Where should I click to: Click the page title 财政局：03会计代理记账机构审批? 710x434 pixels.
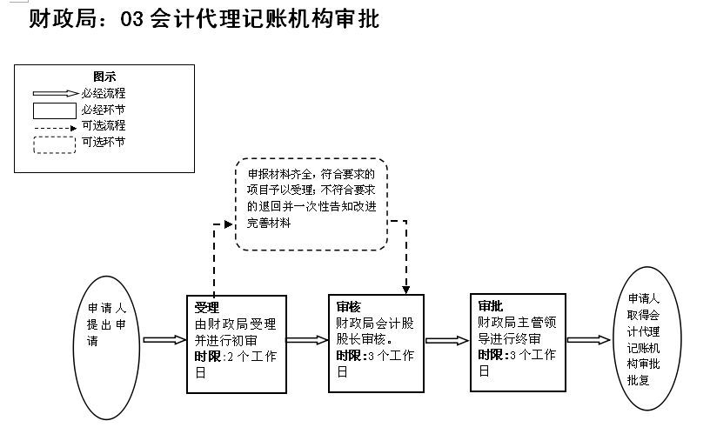204,19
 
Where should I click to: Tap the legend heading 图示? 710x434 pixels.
104,77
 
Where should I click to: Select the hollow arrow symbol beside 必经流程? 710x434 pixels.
56,92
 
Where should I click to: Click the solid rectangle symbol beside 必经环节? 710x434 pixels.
54,110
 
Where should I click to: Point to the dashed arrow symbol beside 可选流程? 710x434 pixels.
56,126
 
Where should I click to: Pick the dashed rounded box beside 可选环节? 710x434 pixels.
54,144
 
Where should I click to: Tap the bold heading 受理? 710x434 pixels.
206,307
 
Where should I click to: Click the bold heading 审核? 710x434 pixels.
348,307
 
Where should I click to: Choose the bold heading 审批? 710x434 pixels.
491,306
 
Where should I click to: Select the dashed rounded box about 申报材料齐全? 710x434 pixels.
311,204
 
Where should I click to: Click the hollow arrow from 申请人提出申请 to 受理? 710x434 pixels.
164,340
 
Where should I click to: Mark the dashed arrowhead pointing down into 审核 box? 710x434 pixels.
405,288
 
